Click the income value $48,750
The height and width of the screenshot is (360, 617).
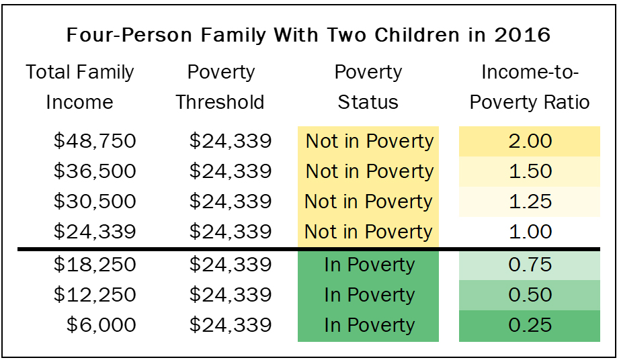point(95,141)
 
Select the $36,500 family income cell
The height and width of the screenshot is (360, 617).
point(95,171)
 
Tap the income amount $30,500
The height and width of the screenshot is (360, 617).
point(95,201)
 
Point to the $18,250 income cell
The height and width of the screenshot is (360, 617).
point(95,265)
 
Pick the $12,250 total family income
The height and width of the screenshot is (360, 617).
point(95,295)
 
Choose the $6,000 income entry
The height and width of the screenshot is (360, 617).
point(101,325)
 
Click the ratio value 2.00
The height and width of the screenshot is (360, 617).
point(530,141)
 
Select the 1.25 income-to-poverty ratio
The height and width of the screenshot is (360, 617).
point(530,201)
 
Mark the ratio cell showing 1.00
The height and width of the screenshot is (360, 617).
point(530,232)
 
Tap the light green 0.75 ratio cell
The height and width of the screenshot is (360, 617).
point(530,265)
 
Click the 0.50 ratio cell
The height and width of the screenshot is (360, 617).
point(530,295)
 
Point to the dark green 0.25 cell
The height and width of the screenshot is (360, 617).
point(530,325)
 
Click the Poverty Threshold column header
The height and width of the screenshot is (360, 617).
point(220,87)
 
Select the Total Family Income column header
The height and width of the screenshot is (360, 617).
point(80,87)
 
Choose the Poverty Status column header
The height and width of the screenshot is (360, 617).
point(368,87)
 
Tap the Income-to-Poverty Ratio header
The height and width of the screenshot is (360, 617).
point(530,87)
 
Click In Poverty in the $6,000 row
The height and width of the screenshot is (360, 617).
point(368,325)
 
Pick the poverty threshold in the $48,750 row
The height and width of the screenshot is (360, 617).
point(231,141)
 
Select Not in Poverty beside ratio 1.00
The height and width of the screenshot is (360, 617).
point(368,232)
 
